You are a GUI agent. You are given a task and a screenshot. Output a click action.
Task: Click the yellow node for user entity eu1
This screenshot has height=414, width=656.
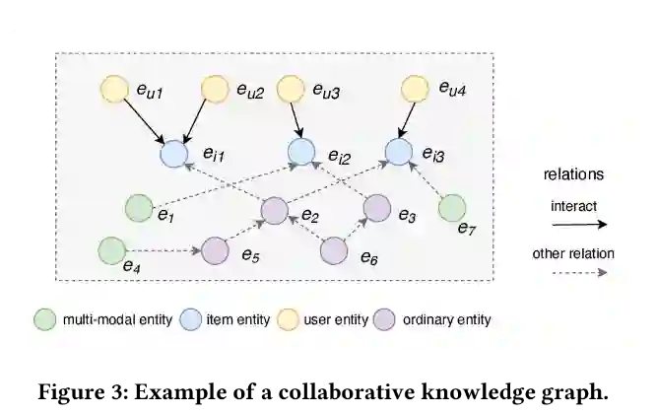tap(114, 90)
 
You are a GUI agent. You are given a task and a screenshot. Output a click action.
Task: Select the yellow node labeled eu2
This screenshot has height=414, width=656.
tap(216, 90)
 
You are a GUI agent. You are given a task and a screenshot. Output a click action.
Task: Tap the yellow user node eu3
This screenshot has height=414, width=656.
tap(291, 90)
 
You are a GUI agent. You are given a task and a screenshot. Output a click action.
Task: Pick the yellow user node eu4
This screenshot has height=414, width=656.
tap(415, 90)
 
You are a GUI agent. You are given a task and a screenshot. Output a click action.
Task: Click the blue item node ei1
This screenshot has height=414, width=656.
tap(173, 153)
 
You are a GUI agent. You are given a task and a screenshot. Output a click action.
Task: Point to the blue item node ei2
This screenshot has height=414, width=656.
tap(300, 152)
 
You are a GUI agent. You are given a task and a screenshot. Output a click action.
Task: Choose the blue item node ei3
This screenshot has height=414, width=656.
tap(397, 152)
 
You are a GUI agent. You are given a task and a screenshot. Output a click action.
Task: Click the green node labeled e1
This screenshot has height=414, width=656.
tap(137, 208)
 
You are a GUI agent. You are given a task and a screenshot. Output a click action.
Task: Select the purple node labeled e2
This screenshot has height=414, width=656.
tap(275, 209)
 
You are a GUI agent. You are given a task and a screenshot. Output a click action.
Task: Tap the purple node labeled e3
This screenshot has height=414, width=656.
tap(376, 208)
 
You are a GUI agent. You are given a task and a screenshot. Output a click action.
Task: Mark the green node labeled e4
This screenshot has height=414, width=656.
tap(111, 250)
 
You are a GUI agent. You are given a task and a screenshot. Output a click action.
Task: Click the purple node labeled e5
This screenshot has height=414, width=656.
tap(215, 251)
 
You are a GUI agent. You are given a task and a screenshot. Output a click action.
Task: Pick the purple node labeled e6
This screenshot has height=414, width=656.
tap(334, 251)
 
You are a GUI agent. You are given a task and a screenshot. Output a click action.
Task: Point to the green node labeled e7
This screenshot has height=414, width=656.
tap(451, 208)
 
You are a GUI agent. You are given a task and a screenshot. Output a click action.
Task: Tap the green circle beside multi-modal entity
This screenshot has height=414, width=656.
tap(44, 319)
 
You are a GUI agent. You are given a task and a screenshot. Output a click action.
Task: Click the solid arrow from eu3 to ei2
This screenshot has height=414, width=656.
tap(295, 120)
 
